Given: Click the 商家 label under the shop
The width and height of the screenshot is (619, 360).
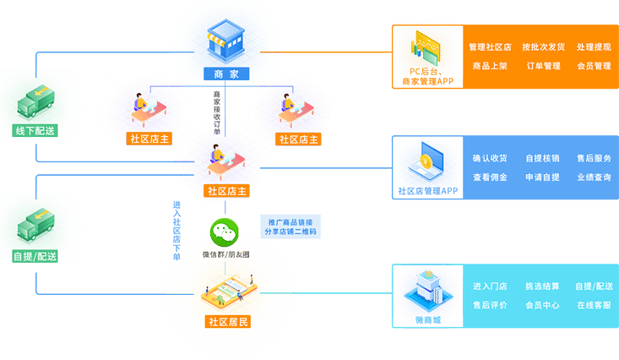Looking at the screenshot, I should click(227, 74).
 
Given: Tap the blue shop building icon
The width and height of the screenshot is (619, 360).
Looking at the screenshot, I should click(227, 42).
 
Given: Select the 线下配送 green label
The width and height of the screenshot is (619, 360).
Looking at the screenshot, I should click(35, 132).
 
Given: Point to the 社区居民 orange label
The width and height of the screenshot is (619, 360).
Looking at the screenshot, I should click(227, 321).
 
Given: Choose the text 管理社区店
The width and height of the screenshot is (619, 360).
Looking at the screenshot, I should click(490, 47).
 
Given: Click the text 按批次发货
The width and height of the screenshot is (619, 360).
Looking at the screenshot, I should click(543, 47).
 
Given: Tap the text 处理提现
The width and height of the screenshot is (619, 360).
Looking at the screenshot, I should click(594, 47).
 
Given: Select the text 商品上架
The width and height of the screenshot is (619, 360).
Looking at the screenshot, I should click(490, 66).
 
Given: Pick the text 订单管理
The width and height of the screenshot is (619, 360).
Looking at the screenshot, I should click(543, 66).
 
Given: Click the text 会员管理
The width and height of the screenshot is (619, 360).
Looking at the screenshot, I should click(594, 66).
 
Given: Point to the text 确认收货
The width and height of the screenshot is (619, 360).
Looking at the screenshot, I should click(490, 158).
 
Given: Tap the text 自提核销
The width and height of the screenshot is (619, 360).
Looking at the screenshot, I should click(543, 158).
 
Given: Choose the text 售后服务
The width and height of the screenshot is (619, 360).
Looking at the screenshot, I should click(594, 158).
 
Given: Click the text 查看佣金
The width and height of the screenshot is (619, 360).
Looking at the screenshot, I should click(490, 177).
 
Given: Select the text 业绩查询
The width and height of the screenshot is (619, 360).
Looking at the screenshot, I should click(594, 177).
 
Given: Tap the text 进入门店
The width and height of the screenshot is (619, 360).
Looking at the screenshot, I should click(490, 286).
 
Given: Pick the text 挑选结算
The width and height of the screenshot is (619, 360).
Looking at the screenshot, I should click(543, 286).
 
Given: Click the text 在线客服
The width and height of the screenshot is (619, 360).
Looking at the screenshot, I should click(594, 305).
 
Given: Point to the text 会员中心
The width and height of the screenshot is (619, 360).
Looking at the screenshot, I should click(543, 305).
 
